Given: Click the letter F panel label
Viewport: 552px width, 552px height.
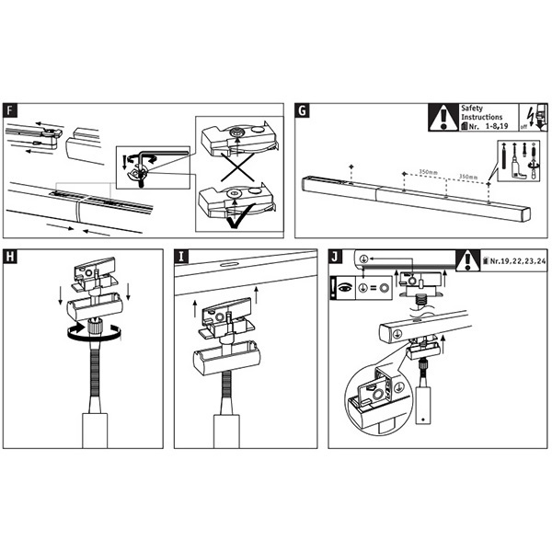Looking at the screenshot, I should tap(10, 111).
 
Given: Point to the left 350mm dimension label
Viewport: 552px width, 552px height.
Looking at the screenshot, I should tap(426, 171).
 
